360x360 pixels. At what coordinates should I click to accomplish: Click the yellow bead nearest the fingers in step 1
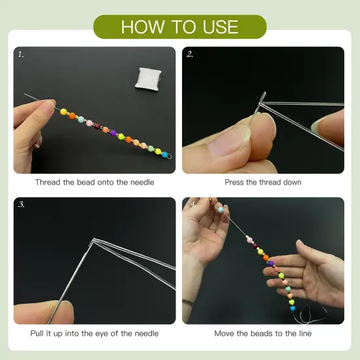click(64, 112)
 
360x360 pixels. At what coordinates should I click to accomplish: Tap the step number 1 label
click(21, 54)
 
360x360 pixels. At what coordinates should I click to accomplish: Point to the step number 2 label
click(190, 54)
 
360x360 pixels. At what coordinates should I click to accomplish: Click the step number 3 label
click(21, 205)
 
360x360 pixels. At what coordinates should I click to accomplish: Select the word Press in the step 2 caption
click(236, 182)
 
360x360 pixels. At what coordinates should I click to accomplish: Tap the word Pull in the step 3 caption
click(38, 333)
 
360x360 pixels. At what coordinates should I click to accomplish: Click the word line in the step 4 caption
click(303, 333)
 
